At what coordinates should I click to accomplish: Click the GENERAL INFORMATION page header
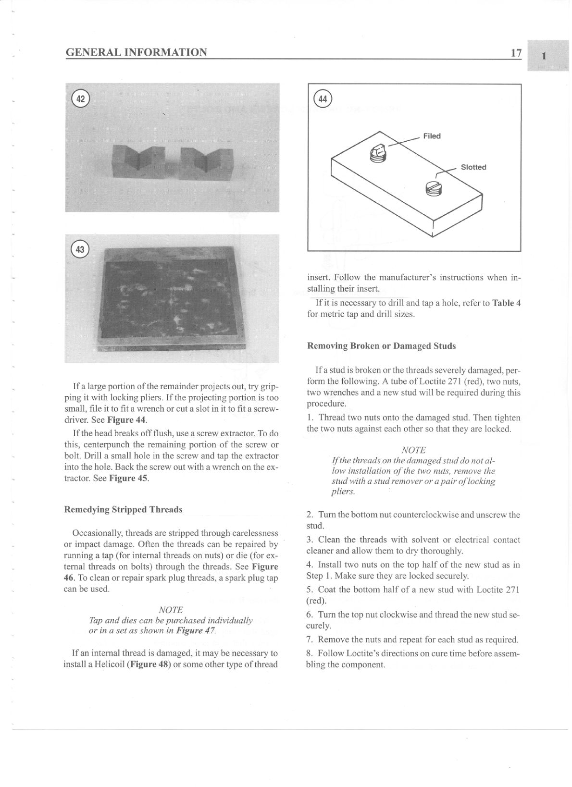click(x=136, y=52)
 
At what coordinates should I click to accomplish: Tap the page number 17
click(x=516, y=53)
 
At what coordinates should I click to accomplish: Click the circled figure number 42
click(x=80, y=99)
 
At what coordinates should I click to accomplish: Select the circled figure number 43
click(x=80, y=249)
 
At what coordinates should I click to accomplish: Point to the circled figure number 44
click(x=323, y=99)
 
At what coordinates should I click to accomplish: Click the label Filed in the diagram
click(x=432, y=136)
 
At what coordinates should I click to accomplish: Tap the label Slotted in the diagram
click(x=473, y=167)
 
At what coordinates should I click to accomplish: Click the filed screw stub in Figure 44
click(x=378, y=153)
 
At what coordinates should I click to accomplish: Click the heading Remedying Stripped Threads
click(x=123, y=509)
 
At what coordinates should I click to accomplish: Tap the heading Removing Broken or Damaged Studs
click(x=381, y=346)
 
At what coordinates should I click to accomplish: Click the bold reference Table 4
click(x=506, y=303)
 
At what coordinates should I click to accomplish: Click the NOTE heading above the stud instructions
click(x=413, y=450)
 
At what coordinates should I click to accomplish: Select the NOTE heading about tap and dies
click(x=171, y=610)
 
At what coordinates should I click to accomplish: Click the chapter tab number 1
click(x=544, y=56)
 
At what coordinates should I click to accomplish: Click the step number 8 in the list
click(x=310, y=653)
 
